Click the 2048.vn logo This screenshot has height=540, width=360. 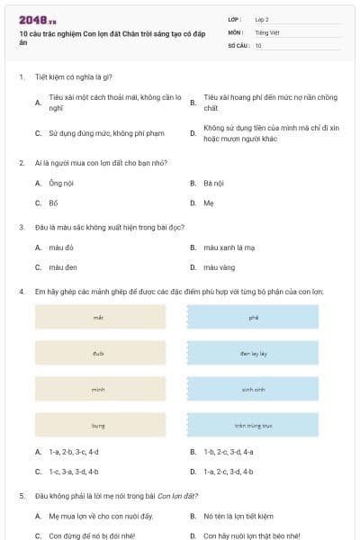click(x=38, y=19)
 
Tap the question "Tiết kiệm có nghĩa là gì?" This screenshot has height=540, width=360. click(x=74, y=77)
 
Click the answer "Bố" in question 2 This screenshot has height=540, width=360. click(x=53, y=202)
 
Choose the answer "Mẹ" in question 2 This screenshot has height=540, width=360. click(x=208, y=202)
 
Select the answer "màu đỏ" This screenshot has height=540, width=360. click(x=62, y=247)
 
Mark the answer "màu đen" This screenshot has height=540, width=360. click(x=63, y=267)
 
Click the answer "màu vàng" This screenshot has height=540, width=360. click(x=218, y=267)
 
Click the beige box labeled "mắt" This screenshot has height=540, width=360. click(x=100, y=317)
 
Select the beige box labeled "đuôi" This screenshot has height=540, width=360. click(x=100, y=353)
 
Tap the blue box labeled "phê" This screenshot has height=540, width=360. click(x=253, y=317)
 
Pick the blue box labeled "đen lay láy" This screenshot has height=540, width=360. click(x=253, y=353)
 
